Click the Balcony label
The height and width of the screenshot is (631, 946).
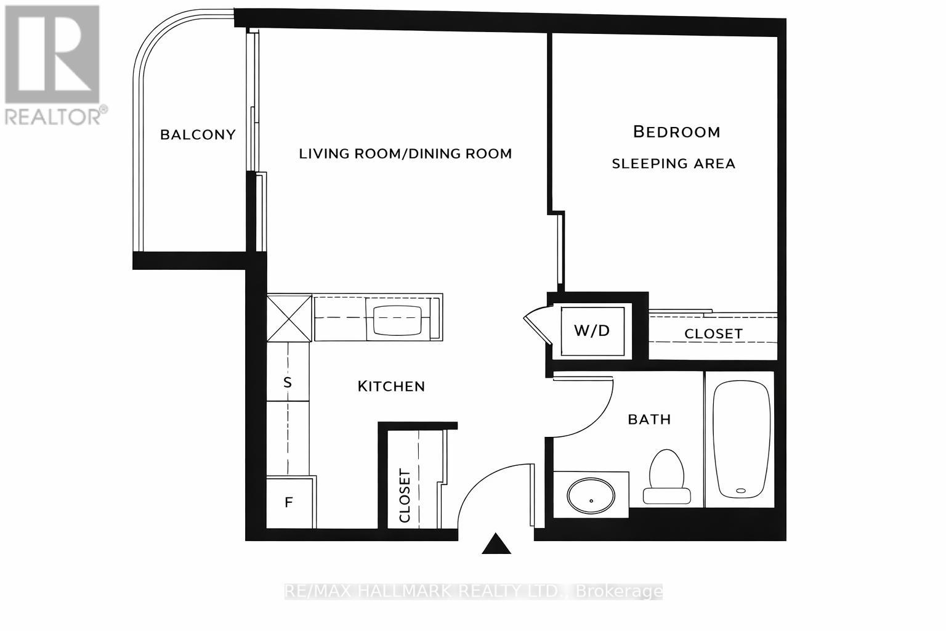198,134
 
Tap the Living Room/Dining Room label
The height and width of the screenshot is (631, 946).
405,153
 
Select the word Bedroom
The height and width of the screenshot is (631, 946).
676,132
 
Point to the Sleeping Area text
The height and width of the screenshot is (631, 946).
673,163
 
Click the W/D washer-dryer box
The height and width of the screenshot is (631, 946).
592,331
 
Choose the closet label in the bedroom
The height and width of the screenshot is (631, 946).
713,333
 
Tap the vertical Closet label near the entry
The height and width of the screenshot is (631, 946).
405,496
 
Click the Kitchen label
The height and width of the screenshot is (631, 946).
391,386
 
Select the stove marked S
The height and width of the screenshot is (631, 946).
287,382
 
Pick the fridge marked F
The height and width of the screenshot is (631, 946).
288,502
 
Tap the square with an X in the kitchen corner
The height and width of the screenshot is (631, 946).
288,317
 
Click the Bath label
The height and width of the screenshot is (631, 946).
649,420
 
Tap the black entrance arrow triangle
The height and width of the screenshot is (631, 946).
496,543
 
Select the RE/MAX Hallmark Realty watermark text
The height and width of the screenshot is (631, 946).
473,592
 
